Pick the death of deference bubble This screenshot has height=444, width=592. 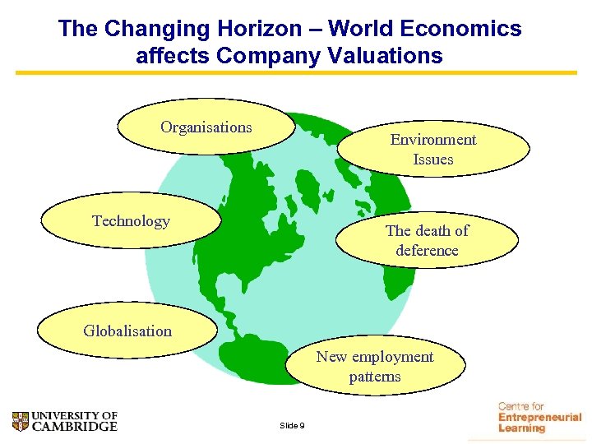427,240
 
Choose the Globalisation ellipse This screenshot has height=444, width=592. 127,331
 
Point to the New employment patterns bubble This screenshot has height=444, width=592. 375,366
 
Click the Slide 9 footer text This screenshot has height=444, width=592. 292,425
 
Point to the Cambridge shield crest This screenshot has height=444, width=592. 21,422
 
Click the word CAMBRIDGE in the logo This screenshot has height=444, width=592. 75,427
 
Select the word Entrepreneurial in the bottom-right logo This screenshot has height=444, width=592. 539,418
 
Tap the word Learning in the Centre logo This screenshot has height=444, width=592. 521,428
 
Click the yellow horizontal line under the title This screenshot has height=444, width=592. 296,73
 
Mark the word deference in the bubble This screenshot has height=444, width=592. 427,250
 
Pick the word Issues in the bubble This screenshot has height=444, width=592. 433,159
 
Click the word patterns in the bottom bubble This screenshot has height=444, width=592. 375,377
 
